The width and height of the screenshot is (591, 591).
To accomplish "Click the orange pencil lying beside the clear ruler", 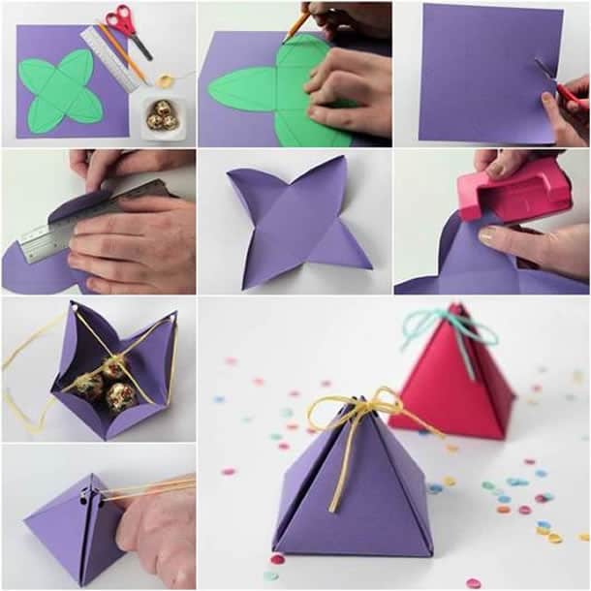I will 121,53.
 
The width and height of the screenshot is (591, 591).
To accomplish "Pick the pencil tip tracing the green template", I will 289,35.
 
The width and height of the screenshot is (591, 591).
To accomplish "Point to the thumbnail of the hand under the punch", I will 487,235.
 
